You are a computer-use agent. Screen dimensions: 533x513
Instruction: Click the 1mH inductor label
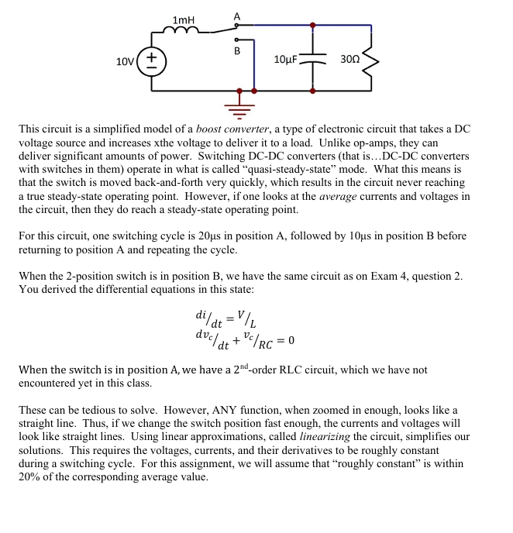coord(184,19)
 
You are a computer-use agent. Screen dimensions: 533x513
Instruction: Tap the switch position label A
coord(237,15)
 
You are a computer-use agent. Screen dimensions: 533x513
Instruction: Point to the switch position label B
coord(237,51)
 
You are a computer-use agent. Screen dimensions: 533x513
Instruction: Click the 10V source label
coord(125,60)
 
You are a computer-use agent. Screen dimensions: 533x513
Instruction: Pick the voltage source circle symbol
coord(151,60)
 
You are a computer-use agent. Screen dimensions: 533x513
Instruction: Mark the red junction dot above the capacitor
coord(312,25)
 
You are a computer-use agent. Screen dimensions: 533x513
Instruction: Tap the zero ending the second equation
coord(291,341)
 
